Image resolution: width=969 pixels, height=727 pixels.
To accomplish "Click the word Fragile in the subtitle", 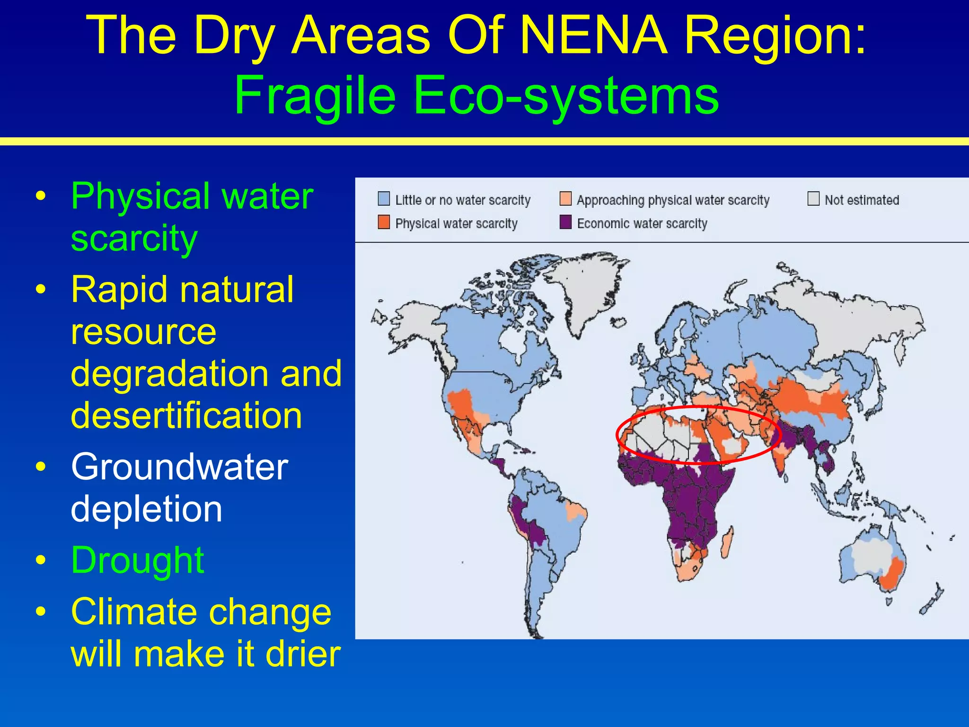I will (x=315, y=96).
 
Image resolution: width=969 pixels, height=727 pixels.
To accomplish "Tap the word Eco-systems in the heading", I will (x=566, y=96).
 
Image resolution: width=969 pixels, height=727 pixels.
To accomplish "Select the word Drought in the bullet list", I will (x=137, y=560).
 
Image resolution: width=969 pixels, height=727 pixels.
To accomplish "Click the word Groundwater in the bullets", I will (x=179, y=467).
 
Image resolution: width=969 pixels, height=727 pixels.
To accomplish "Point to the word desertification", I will (x=186, y=416).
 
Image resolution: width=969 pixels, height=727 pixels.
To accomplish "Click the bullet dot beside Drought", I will (x=41, y=560).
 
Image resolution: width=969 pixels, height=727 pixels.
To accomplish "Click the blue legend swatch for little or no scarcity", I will (x=384, y=199).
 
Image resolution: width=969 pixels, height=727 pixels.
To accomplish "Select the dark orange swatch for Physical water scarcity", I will (x=384, y=222).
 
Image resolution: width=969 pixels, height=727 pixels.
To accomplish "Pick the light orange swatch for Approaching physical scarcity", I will (x=565, y=199).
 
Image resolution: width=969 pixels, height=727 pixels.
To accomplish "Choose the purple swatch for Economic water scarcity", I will (x=565, y=222).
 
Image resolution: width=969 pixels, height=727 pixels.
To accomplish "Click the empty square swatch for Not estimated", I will (x=813, y=199).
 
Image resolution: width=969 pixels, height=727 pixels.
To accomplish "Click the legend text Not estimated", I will (x=862, y=200).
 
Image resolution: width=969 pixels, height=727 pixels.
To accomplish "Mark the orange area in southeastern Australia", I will (x=892, y=575).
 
